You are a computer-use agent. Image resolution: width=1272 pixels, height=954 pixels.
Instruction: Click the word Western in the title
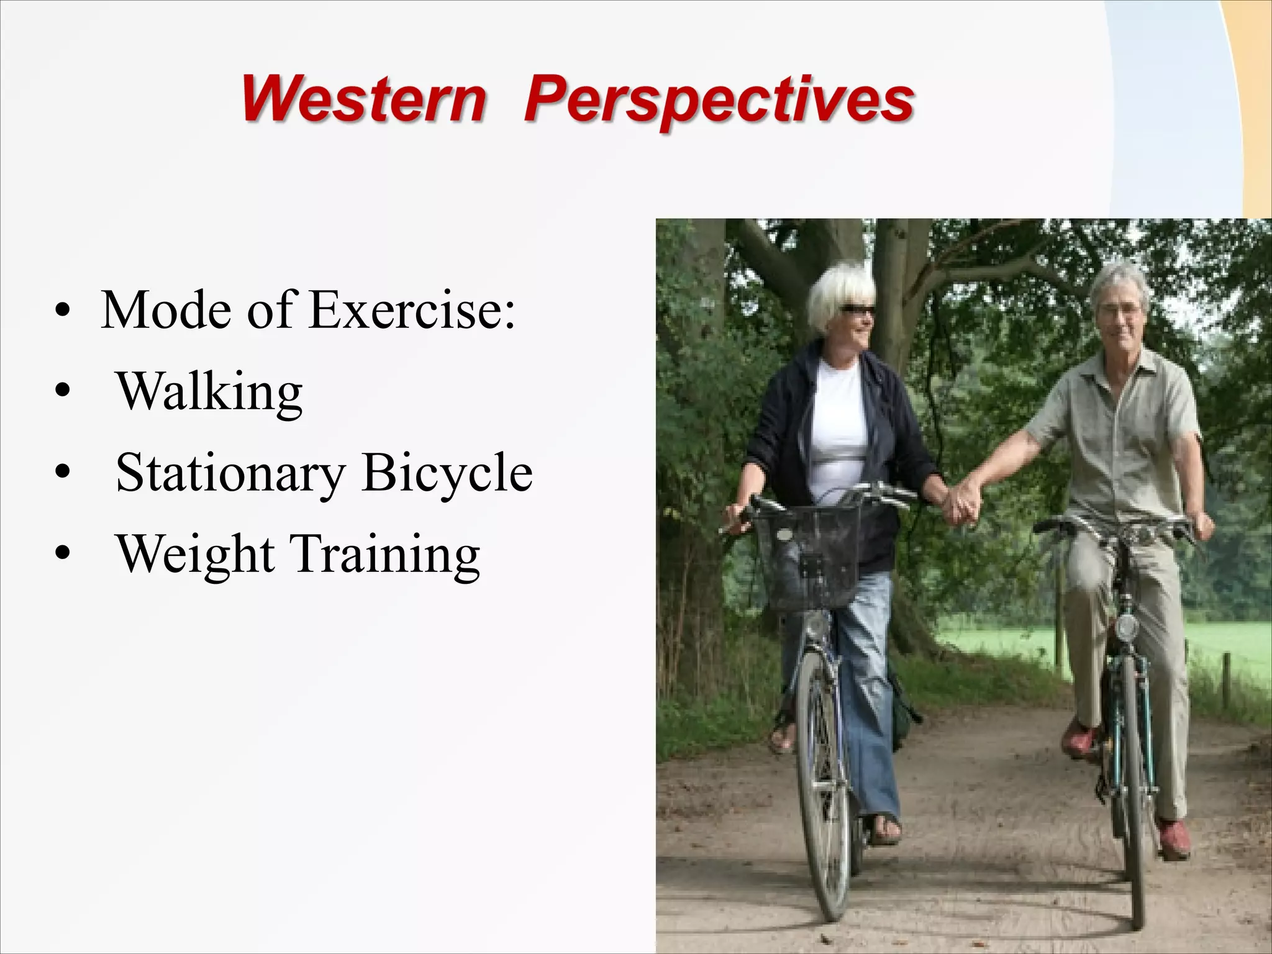click(x=363, y=99)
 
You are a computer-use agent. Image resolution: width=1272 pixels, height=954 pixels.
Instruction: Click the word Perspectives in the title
click(x=719, y=101)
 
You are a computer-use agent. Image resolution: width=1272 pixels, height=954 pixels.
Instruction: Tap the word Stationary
click(x=230, y=473)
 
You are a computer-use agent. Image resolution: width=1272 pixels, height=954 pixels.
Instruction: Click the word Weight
click(x=196, y=554)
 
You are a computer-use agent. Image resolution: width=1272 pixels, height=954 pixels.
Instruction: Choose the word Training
click(x=385, y=554)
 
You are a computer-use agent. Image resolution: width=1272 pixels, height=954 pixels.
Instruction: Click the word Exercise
click(x=412, y=309)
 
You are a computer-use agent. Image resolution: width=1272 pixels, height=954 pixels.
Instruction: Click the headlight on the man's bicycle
click(x=1125, y=627)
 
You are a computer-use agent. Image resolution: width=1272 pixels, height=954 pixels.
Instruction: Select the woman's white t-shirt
click(x=838, y=422)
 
